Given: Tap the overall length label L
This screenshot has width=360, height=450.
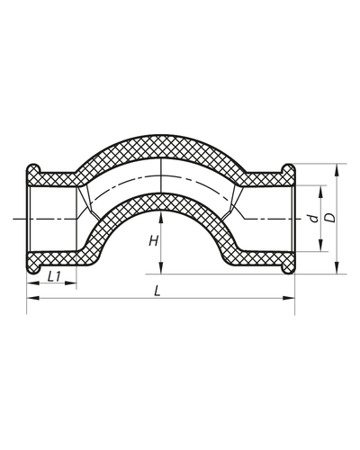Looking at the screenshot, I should [x=157, y=292].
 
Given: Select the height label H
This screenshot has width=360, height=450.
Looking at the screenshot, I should [x=154, y=241].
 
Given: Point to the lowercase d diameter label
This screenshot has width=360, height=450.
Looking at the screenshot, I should [x=309, y=218].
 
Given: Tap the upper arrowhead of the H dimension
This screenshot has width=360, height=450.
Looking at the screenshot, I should [x=159, y=213].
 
